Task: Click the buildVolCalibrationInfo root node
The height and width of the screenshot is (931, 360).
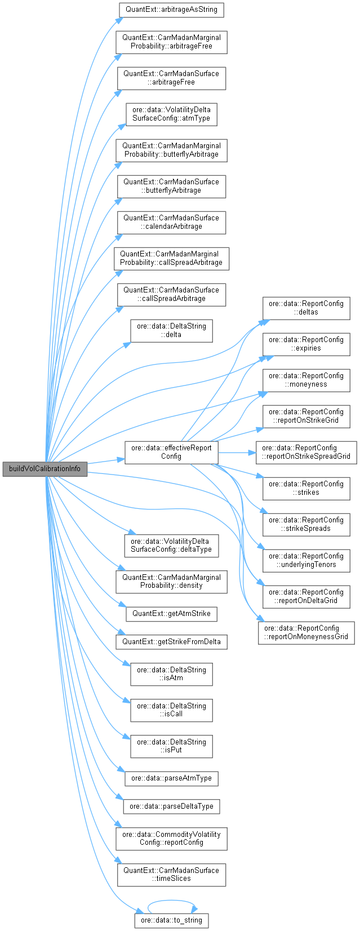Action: point(45,469)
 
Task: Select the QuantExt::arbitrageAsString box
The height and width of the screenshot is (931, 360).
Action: point(171,10)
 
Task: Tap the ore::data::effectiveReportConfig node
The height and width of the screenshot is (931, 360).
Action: point(171,452)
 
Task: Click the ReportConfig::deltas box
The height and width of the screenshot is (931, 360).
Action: point(306,308)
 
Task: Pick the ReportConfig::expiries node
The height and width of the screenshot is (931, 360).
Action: point(306,344)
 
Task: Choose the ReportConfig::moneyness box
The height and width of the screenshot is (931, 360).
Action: point(306,380)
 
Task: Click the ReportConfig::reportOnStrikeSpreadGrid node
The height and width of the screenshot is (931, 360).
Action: point(306,452)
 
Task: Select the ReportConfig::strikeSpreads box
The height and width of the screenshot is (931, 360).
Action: point(306,524)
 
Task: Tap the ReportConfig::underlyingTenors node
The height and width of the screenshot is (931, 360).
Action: point(306,560)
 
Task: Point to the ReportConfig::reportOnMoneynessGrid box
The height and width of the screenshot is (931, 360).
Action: point(306,632)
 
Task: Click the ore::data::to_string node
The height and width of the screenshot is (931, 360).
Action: point(171,921)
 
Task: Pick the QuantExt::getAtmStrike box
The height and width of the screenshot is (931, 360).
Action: point(171,613)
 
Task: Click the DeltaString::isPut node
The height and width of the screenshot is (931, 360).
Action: point(171,746)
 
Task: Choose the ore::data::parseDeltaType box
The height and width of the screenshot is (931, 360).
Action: point(171,806)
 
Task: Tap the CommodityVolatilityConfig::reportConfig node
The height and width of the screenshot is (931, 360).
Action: point(171,838)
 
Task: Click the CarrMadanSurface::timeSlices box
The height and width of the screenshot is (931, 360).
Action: point(171,874)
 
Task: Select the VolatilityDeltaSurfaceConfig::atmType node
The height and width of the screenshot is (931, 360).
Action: point(171,114)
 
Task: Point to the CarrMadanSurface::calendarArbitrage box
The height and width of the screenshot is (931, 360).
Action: point(171,222)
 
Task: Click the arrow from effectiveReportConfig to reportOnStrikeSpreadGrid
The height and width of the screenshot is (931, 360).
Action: point(237,452)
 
